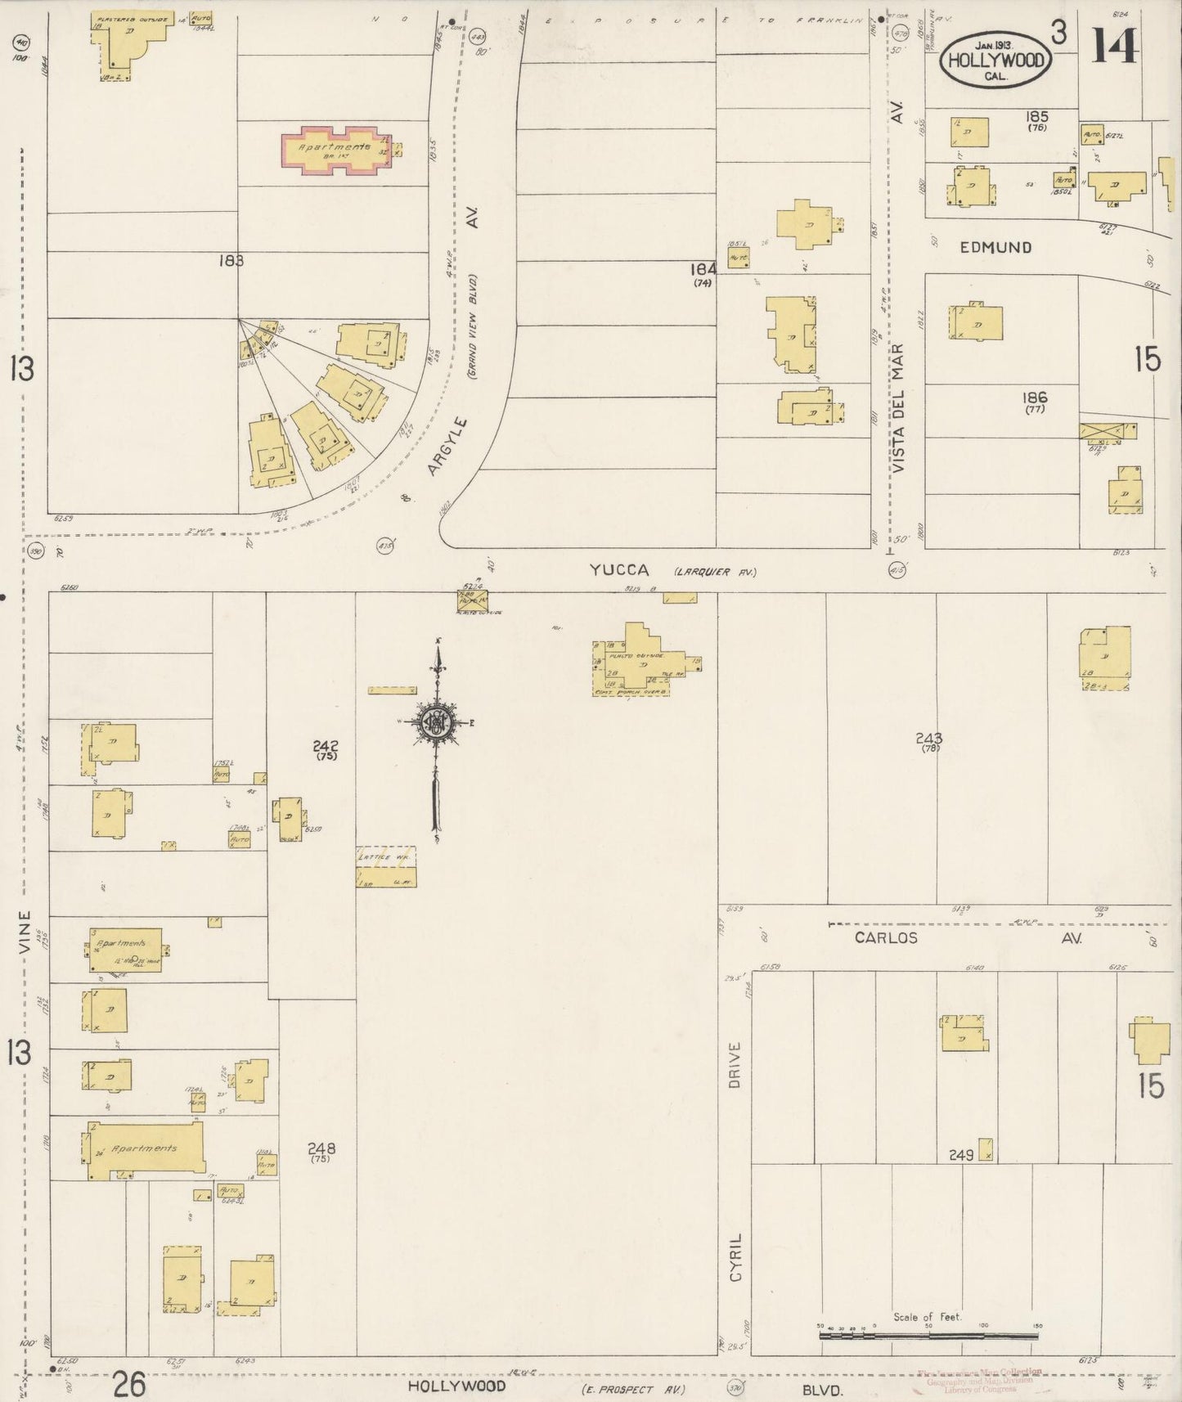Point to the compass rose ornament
(439, 721)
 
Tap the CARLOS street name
(886, 938)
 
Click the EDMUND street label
(995, 247)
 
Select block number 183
(231, 261)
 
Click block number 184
(703, 269)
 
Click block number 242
(326, 745)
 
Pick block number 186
(1035, 398)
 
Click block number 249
(961, 1155)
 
